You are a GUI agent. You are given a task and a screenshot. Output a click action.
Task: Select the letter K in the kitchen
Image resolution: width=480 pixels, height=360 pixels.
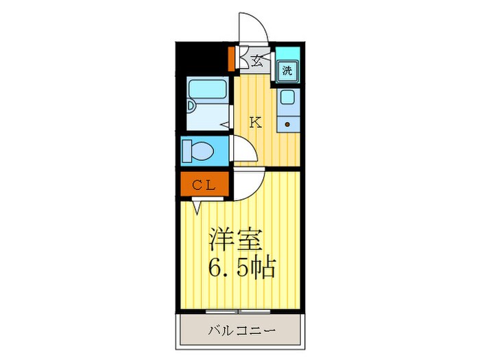255,123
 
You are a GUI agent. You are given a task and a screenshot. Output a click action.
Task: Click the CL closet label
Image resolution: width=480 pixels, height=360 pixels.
204,184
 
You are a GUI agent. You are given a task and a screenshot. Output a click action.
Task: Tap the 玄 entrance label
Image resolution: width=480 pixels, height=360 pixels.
256,60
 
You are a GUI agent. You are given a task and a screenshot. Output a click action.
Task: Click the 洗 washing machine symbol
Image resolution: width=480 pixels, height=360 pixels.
287,69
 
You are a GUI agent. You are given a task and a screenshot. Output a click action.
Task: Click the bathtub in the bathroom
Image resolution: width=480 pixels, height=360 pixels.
207,89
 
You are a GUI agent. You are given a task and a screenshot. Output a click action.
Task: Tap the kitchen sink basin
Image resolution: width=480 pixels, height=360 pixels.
287,98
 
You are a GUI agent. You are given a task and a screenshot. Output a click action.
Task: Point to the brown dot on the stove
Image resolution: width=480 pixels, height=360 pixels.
287,124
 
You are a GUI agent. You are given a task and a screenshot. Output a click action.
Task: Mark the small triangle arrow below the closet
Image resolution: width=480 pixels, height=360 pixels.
197,204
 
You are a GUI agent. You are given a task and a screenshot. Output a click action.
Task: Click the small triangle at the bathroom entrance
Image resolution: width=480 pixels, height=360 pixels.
224,124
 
